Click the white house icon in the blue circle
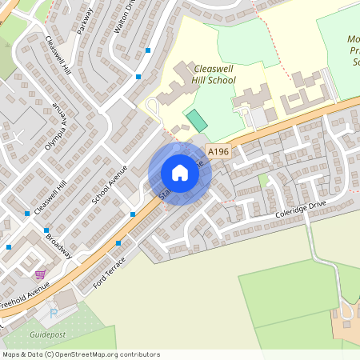pyautogui.click(x=180, y=173)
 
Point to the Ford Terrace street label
pyautogui.click(x=110, y=273)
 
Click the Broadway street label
pyautogui.click(x=58, y=246)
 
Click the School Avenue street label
pyautogui.click(x=110, y=185)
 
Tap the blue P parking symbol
pyautogui.click(x=54, y=313)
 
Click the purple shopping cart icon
pyautogui.click(x=39, y=274)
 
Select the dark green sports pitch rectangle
pyautogui.click(x=196, y=122)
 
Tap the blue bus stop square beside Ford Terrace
pyautogui.click(x=118, y=243)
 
